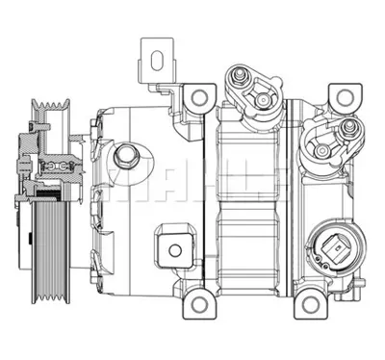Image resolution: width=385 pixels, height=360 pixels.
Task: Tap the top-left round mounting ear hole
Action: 200,95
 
